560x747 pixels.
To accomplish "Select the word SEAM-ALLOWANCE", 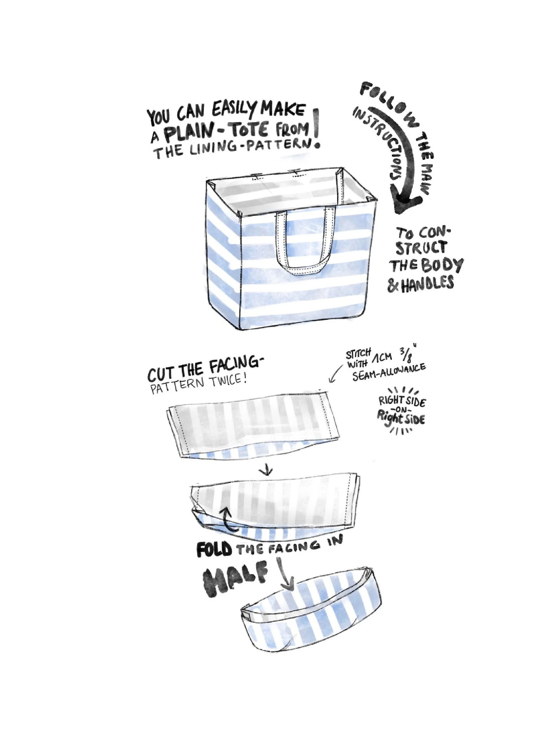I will click(x=388, y=371).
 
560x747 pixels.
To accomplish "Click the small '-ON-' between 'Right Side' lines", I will click(x=401, y=411).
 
